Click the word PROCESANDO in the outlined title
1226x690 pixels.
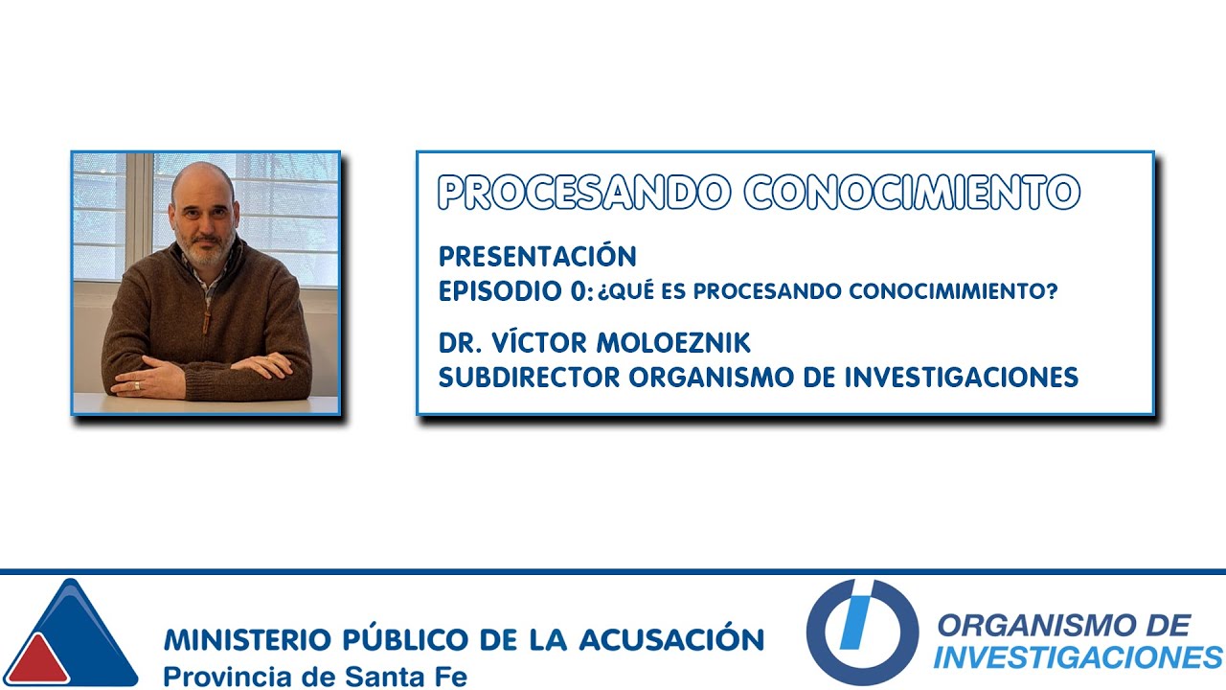click(x=582, y=193)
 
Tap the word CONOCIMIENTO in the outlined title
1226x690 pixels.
click(x=912, y=193)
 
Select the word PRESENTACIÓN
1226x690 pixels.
click(x=537, y=257)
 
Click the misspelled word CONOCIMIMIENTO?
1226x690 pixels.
click(x=962, y=292)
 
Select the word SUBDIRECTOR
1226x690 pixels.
click(x=530, y=378)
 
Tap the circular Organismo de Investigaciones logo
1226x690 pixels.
click(x=862, y=632)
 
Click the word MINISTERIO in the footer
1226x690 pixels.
click(x=246, y=639)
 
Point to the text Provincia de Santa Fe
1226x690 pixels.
click(x=315, y=675)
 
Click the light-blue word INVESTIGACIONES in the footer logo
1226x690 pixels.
click(x=1078, y=657)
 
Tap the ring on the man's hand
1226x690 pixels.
click(x=137, y=385)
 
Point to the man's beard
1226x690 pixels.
click(x=204, y=251)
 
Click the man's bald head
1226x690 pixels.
click(x=202, y=176)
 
